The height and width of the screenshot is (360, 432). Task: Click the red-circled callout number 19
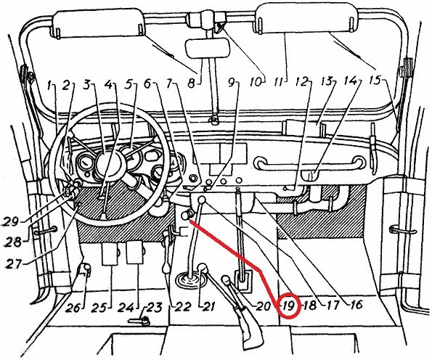click(289, 306)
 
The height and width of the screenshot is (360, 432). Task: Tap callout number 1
click(49, 86)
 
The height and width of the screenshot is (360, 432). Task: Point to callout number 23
click(154, 308)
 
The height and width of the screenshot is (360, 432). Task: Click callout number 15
click(375, 81)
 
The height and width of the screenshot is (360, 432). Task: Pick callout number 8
click(191, 83)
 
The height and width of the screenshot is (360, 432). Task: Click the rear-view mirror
click(207, 48)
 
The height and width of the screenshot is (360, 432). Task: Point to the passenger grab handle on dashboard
click(310, 160)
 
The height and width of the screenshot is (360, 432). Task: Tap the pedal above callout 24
click(135, 253)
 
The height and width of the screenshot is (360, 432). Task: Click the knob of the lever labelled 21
click(203, 268)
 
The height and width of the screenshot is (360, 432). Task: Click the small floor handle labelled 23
click(139, 321)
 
